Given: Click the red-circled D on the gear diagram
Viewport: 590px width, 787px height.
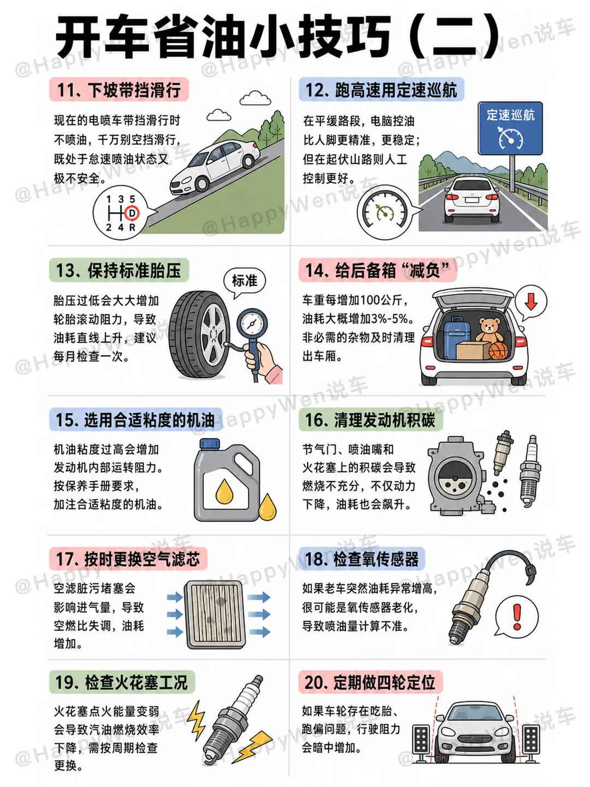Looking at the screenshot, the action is pyautogui.click(x=132, y=214).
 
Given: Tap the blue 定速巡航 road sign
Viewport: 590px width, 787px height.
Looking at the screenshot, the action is pyautogui.click(x=510, y=128).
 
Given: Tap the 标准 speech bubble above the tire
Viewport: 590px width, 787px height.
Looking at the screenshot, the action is pyautogui.click(x=245, y=282).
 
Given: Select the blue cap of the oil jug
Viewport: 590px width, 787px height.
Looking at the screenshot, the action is pyautogui.click(x=210, y=444).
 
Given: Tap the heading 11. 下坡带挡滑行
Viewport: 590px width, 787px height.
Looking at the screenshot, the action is pyautogui.click(x=119, y=90).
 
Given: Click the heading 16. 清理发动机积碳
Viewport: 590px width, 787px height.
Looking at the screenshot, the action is pyautogui.click(x=370, y=420).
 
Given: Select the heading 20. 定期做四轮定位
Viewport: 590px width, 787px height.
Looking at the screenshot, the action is pyautogui.click(x=370, y=682).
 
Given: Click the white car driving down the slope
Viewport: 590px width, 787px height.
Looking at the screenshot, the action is pyautogui.click(x=214, y=167).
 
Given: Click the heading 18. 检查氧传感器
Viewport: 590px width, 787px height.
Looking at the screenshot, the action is pyautogui.click(x=362, y=559).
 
